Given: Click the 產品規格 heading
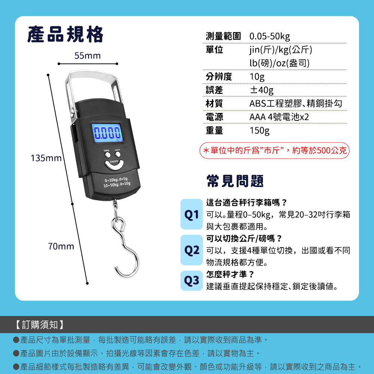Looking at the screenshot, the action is tap(65, 34).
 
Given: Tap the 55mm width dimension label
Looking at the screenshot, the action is tap(88, 56).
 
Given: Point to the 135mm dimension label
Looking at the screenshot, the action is tap(46, 158).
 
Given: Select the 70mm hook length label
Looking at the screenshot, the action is tap(61, 246).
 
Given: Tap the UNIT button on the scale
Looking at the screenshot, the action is tap(117, 154).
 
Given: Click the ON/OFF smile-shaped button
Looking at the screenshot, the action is tap(114, 165).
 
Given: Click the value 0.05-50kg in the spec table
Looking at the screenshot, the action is tap(270, 36).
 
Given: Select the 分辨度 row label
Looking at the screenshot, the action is tap(219, 77).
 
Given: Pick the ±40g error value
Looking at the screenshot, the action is tap(261, 90).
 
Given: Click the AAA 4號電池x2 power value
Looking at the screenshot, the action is tap(279, 117).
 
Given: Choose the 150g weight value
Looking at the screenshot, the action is tap(260, 131).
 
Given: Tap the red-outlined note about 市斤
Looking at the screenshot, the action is tap(274, 150).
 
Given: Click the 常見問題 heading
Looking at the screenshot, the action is tap(235, 181).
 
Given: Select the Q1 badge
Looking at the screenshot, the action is tap(191, 214).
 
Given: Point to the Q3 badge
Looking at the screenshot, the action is tap(191, 280).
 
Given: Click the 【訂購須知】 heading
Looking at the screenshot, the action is tap(40, 325).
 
